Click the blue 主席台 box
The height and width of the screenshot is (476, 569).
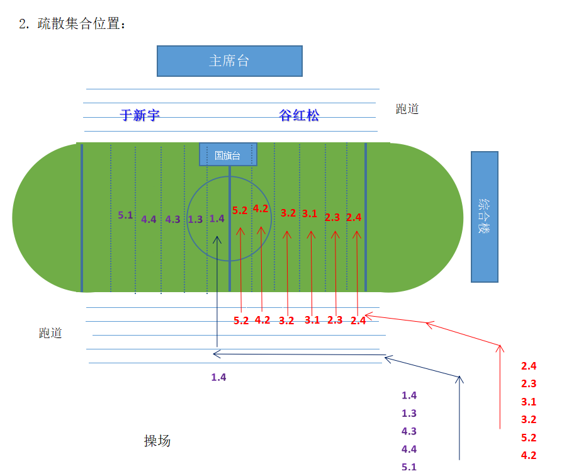tap(229, 61)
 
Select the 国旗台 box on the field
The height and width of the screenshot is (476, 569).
tap(228, 154)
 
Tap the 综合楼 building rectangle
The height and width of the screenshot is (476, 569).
tap(485, 217)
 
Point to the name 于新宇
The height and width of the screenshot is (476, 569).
tap(140, 115)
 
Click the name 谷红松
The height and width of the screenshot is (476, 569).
tap(299, 115)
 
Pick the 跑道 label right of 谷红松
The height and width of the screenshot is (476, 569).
tap(407, 108)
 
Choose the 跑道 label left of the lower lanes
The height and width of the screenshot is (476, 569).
tap(50, 332)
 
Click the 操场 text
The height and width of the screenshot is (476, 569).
tap(157, 441)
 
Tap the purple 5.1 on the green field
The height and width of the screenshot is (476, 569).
tap(125, 215)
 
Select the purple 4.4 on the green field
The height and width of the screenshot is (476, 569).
tap(149, 219)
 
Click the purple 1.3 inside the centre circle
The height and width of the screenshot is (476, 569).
tap(195, 219)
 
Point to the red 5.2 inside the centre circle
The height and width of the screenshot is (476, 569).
tap(240, 210)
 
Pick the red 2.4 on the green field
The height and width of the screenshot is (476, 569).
tap(354, 217)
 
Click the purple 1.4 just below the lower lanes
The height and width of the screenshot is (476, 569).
tap(218, 377)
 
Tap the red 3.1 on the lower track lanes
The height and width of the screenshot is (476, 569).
tap(312, 320)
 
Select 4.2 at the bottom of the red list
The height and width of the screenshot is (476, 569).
tap(529, 455)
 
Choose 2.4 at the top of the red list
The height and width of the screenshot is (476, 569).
tap(529, 366)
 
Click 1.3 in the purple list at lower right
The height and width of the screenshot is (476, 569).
tap(409, 413)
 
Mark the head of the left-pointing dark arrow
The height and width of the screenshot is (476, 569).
tap(213, 354)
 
